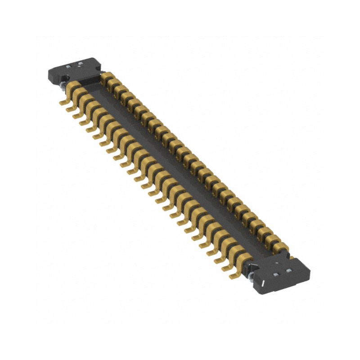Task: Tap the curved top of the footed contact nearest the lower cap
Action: point(245,257)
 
